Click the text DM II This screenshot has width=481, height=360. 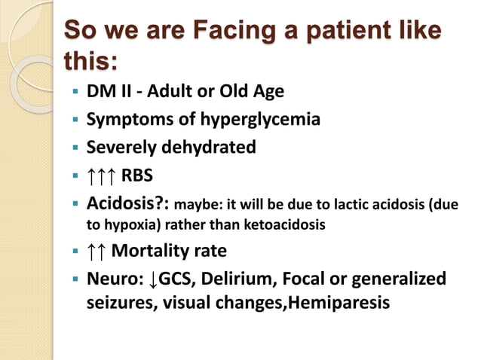107,92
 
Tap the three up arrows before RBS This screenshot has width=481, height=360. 103,175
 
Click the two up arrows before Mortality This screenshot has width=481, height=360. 98,251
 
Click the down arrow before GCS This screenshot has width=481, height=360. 153,279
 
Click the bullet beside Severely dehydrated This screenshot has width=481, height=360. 75,148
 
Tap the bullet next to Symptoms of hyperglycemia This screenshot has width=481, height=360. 75,120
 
